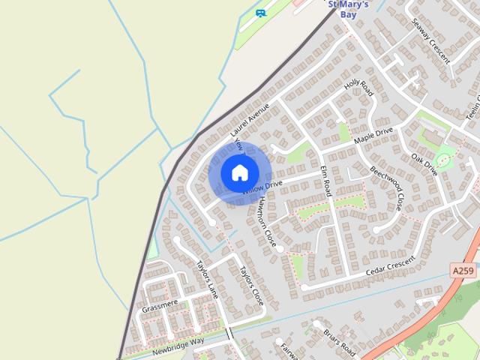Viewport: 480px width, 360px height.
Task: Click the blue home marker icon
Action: point(239,172)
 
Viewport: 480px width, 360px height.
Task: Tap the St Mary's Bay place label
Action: point(349,8)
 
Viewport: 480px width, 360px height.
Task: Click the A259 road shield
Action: point(463,269)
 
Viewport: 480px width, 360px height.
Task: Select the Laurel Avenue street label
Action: point(250,119)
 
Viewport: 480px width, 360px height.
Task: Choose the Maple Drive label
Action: point(373,136)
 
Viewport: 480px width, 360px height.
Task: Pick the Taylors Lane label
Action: point(206,280)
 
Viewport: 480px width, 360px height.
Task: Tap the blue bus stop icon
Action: point(260,13)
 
